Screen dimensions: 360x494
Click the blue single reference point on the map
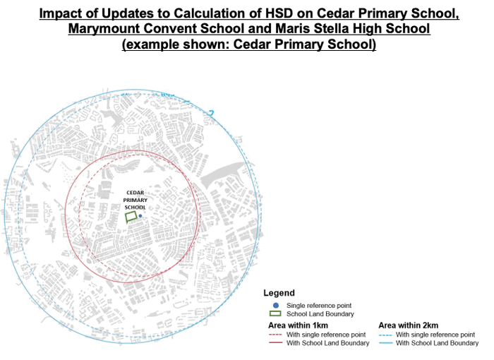140,216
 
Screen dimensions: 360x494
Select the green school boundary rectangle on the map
131,217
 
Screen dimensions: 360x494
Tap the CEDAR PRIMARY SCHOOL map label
135,200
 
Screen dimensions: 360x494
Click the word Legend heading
279,293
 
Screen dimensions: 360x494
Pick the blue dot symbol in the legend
276,304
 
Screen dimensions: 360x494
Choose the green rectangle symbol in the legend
276,313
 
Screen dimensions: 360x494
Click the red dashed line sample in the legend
275,334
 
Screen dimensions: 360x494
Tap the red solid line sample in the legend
275,343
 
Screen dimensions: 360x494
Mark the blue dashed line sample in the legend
385,334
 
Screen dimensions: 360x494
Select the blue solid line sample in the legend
385,343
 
